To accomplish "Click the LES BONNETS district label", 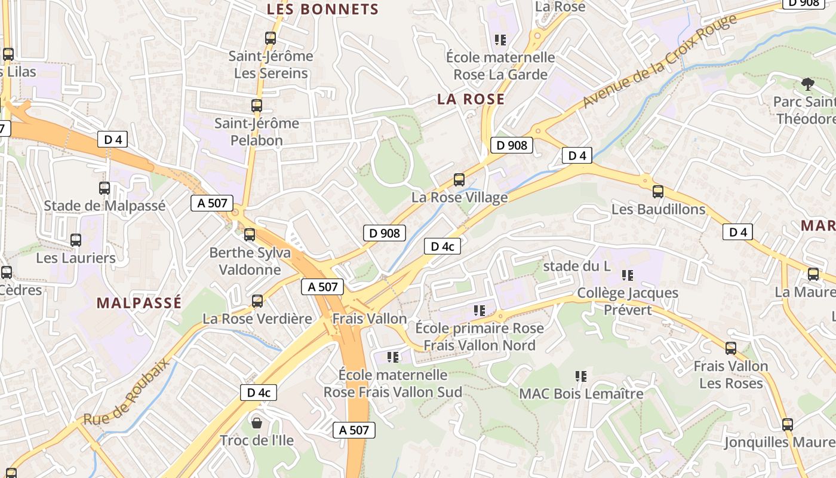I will [x=322, y=10].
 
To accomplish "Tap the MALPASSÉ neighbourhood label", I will [x=139, y=303].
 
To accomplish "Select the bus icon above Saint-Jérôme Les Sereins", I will [x=271, y=38].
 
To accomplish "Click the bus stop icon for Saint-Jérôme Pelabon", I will [x=257, y=106].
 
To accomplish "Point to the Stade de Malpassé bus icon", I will [x=105, y=188].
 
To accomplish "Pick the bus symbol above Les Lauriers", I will [x=76, y=240].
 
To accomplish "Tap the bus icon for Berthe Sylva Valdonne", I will [x=250, y=235].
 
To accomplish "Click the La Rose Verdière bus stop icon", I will [x=257, y=301].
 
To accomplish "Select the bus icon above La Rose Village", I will [x=459, y=179].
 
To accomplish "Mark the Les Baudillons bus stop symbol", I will [x=658, y=192].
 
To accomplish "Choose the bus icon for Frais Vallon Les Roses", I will [x=731, y=348].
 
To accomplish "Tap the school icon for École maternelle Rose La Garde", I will [x=500, y=40].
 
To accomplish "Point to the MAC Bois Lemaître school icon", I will [x=581, y=376].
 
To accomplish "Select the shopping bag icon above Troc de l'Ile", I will [x=257, y=423].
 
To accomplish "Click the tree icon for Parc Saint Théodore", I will [x=808, y=84].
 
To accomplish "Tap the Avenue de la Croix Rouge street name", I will [x=659, y=63].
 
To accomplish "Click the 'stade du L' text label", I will [x=577, y=266].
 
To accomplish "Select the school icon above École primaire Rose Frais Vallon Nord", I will [x=480, y=311].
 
